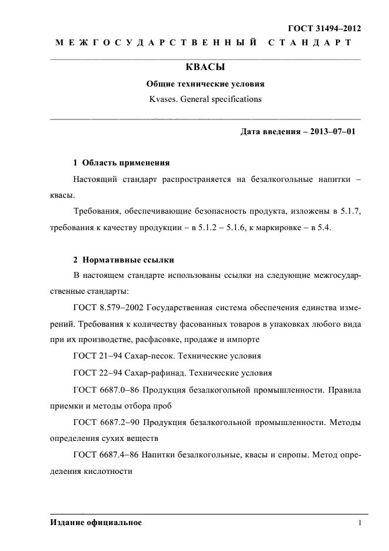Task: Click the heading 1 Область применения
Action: click(x=121, y=162)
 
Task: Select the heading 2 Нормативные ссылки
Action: click(x=123, y=260)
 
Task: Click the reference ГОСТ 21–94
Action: click(x=97, y=356)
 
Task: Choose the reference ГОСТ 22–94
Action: click(x=97, y=373)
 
